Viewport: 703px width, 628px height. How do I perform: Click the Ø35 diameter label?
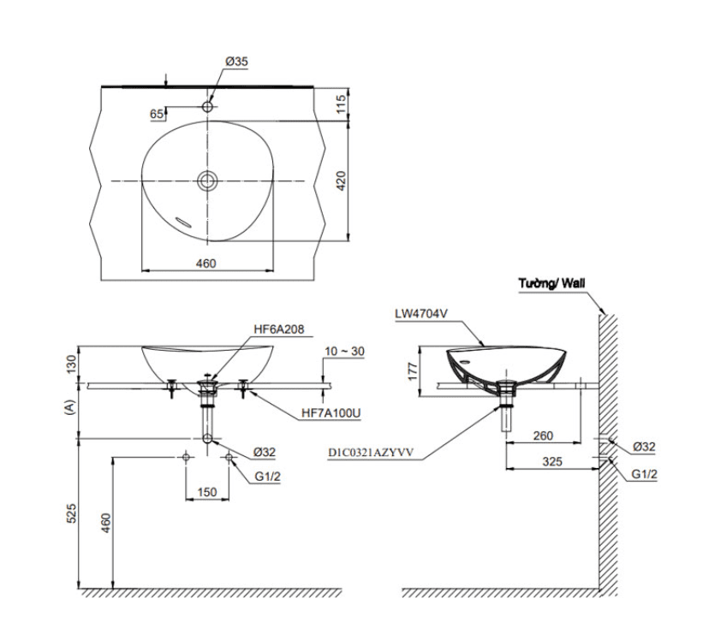pyautogui.click(x=236, y=62)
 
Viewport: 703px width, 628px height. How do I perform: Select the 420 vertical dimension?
pyautogui.click(x=340, y=181)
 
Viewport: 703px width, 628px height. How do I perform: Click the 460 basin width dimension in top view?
pyautogui.click(x=206, y=264)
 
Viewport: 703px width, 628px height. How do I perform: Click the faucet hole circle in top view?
pyautogui.click(x=207, y=107)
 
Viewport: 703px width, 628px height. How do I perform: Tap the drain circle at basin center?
pyautogui.click(x=206, y=181)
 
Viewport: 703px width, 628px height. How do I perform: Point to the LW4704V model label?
pyautogui.click(x=422, y=314)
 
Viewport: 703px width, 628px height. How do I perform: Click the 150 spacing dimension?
pyautogui.click(x=206, y=492)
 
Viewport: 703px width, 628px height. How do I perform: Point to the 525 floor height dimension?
pyautogui.click(x=71, y=513)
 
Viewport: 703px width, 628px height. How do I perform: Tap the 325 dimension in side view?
pyautogui.click(x=552, y=461)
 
